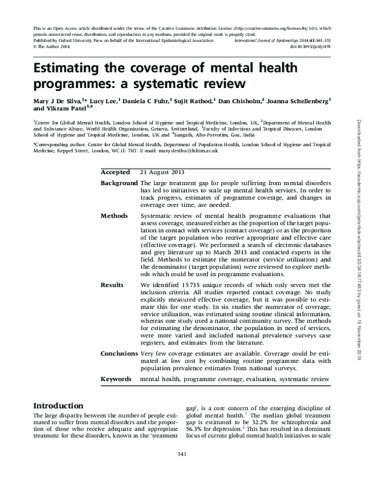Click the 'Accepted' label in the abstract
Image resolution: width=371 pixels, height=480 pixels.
[x=115, y=172]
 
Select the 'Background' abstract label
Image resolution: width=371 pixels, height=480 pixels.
[x=119, y=184]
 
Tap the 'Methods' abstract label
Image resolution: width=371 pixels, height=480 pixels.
[x=114, y=216]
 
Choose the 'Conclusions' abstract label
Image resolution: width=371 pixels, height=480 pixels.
[x=119, y=353]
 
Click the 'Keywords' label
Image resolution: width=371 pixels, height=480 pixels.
[x=116, y=377]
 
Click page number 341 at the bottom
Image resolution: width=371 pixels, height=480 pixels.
[x=185, y=471]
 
